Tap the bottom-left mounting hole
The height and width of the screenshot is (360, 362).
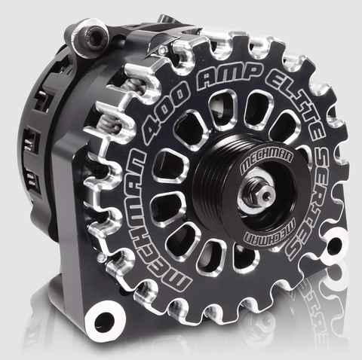(103, 321)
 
